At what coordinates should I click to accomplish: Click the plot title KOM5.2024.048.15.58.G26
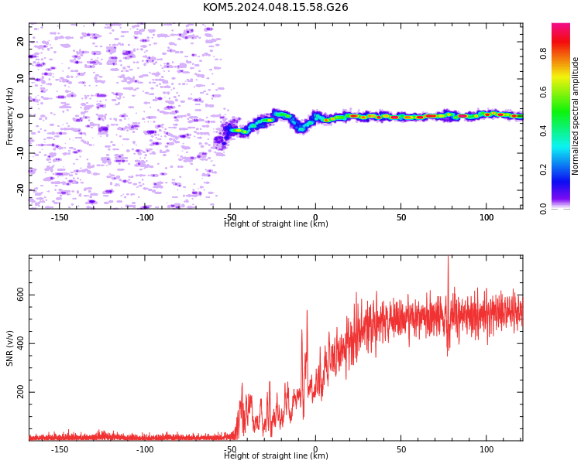275,7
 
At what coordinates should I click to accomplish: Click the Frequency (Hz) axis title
9,116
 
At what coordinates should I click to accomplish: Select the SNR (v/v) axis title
9,348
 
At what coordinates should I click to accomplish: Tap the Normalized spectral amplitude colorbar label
575,116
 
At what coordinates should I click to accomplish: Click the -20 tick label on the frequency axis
20,190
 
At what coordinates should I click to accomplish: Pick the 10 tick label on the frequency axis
20,79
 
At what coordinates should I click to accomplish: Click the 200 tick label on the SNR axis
20,392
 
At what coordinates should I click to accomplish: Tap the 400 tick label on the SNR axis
20,343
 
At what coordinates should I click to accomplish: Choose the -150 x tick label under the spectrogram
60,217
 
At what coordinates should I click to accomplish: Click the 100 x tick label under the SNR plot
486,449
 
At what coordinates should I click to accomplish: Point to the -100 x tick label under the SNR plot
145,449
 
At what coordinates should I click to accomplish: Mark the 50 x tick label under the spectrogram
401,217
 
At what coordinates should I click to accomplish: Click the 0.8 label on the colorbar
543,53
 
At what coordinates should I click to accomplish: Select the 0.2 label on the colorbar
543,169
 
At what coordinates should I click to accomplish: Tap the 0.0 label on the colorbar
543,209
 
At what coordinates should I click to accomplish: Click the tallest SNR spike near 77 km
448,256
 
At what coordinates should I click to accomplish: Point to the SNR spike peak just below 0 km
307,311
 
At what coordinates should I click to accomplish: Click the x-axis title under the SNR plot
276,455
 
